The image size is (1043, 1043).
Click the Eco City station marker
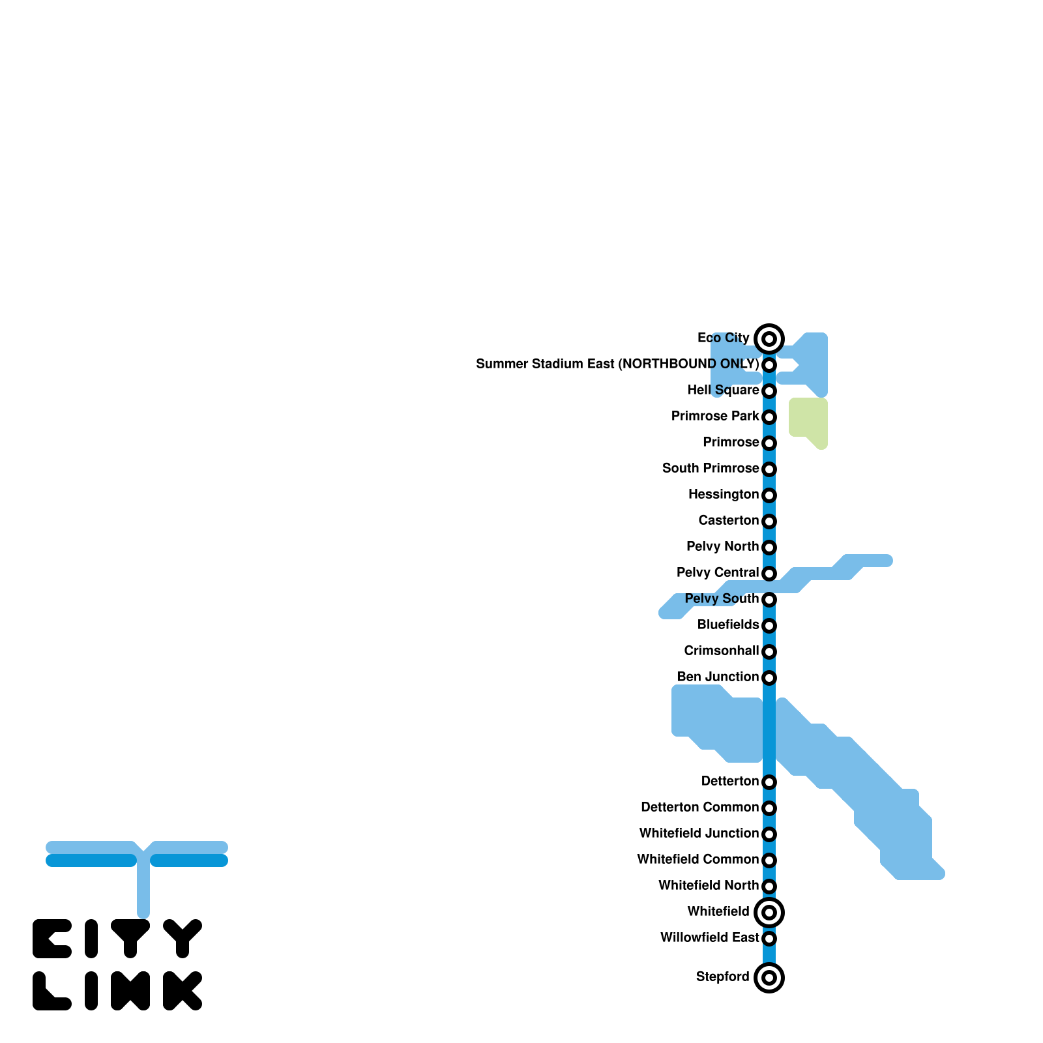click(x=769, y=338)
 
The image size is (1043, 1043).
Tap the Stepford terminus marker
click(x=769, y=977)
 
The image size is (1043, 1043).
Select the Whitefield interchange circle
click(x=769, y=912)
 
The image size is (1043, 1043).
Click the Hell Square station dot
click(x=769, y=391)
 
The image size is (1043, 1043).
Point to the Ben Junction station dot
click(x=769, y=677)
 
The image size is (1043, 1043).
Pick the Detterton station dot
click(x=769, y=782)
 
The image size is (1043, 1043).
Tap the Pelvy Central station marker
click(x=769, y=573)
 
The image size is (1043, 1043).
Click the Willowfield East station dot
click(x=769, y=938)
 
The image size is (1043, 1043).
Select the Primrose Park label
click(x=715, y=416)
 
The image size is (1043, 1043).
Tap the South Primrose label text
click(x=711, y=468)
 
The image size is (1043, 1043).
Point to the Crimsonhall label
click(x=722, y=651)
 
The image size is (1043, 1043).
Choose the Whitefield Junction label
click(x=699, y=833)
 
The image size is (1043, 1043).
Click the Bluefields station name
click(x=728, y=624)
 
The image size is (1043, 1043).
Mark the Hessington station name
click(x=724, y=494)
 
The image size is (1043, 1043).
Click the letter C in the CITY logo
click(x=52, y=939)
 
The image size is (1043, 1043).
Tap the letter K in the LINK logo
click(x=183, y=991)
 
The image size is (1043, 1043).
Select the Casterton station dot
click(x=769, y=521)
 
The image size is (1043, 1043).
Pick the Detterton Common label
click(x=699, y=807)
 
